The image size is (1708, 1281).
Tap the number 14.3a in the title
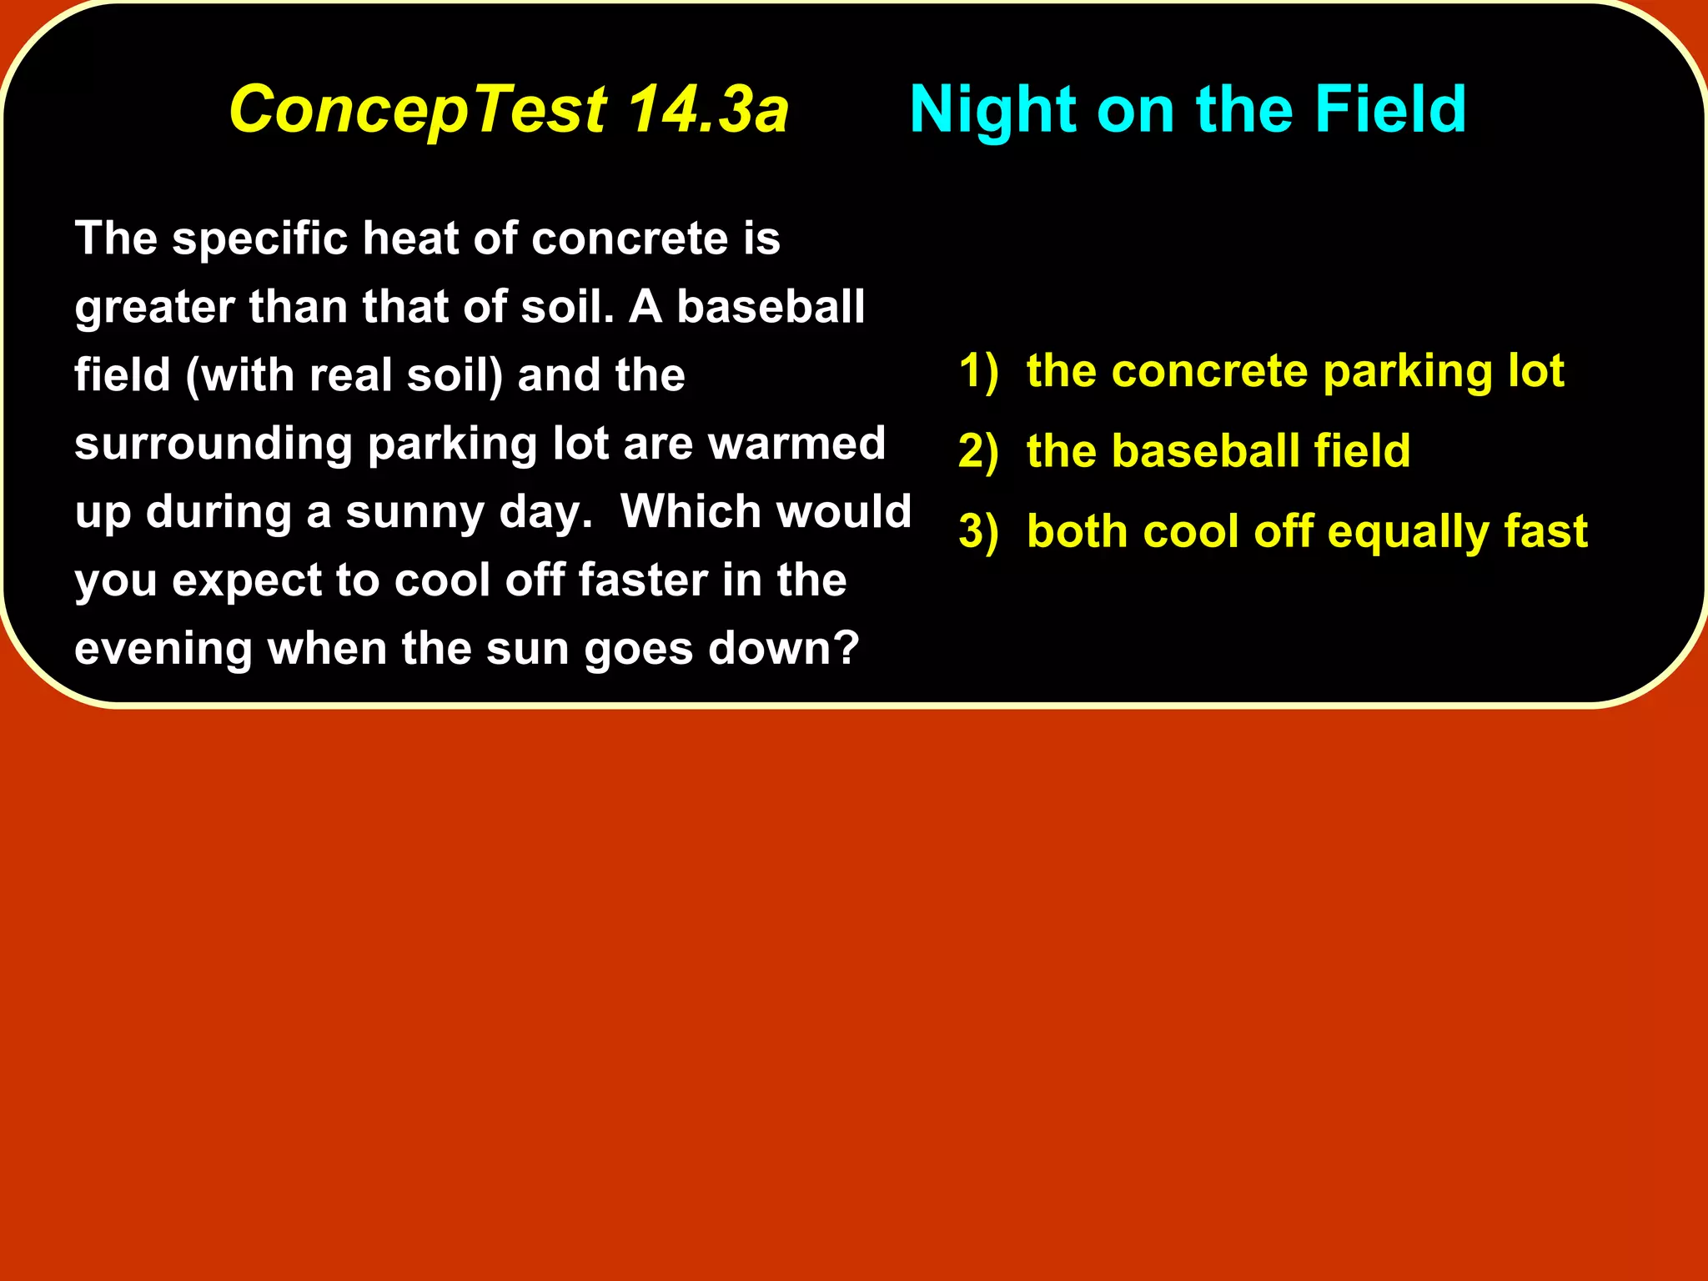707,110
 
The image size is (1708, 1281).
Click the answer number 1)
977,371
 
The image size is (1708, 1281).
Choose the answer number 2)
977,452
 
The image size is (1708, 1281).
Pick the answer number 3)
977,532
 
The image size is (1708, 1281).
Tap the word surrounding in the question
213,444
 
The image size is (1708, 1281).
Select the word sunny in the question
414,512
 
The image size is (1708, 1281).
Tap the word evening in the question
163,649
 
